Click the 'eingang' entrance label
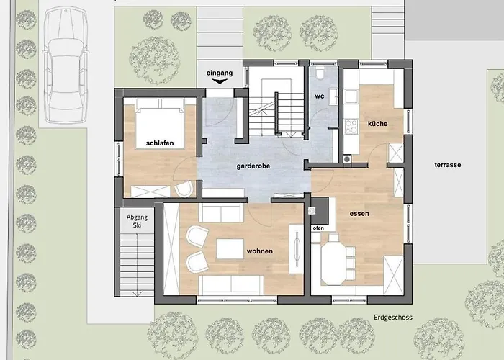coord(219,73)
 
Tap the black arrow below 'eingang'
coord(220,81)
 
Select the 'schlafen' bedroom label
coord(160,143)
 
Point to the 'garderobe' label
coord(253,166)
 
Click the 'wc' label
coord(320,96)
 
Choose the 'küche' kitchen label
coord(378,124)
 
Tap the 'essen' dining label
coord(359,214)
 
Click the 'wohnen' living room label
coord(260,251)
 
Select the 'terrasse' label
coord(448,165)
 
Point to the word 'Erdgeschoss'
coord(393,318)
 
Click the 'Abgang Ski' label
coord(137,221)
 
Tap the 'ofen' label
coord(318,228)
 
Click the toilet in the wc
coord(320,72)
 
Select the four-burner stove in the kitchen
coord(351,126)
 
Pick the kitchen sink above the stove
coord(351,96)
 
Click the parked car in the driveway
coord(66,66)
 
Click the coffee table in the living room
coord(230,248)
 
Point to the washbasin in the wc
coord(334,96)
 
